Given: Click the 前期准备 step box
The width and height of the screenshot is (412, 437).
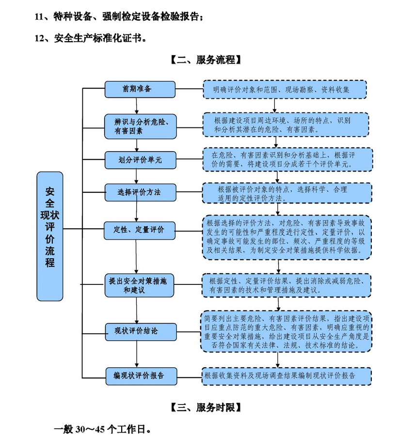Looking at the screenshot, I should [x=140, y=89].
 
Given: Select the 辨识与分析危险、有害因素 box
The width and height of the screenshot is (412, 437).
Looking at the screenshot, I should [x=140, y=126].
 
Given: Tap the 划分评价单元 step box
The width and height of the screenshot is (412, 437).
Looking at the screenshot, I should [x=140, y=160].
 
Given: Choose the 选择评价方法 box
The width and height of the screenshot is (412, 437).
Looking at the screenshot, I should [x=140, y=192].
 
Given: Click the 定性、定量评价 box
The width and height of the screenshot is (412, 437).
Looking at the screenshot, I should [x=140, y=230].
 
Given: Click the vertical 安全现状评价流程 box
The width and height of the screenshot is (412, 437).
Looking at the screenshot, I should [x=50, y=236].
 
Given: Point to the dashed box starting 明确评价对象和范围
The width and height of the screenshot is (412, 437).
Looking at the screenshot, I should [x=285, y=90].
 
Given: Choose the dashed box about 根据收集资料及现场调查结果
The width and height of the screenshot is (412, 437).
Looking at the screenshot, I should [x=286, y=376].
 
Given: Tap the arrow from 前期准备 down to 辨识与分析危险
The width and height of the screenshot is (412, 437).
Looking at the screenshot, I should [x=138, y=106].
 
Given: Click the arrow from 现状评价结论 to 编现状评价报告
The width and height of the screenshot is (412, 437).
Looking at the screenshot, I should [x=138, y=354].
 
